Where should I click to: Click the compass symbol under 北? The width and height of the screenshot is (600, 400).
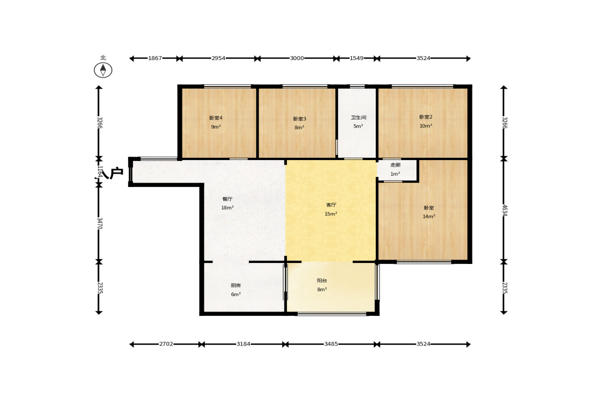coord(103,70)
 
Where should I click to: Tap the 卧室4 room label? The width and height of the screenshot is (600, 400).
coord(216,118)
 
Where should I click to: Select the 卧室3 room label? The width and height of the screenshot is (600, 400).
coord(300,119)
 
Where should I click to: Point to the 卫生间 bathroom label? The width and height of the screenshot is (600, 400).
coord(358,117)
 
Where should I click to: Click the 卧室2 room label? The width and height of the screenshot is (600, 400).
coord(426,117)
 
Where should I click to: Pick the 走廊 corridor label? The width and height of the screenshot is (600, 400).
coord(395,165)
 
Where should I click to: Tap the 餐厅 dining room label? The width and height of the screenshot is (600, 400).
coord(227,199)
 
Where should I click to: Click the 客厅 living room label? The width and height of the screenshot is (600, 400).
coord(331,205)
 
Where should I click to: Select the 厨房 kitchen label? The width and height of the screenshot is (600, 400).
coord(236,285)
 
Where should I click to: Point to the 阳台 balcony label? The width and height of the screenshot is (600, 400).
coord(322,280)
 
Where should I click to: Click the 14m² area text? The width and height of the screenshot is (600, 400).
coord(429,217)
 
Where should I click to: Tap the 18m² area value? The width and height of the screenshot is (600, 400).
coord(227,208)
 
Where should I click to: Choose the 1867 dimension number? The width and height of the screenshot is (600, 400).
coord(155,58)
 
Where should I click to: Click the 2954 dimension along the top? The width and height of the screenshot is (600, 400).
coord(219,58)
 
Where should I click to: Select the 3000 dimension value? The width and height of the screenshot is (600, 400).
coord(297,58)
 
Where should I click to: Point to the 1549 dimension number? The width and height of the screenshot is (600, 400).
coord(357,58)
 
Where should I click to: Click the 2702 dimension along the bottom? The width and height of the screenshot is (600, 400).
coord(166,344)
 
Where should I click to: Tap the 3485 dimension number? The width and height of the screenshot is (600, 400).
coord(331,344)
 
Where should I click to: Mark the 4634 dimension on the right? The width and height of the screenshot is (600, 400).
coord(504,210)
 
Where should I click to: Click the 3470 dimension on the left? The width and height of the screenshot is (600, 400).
coord(99,223)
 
